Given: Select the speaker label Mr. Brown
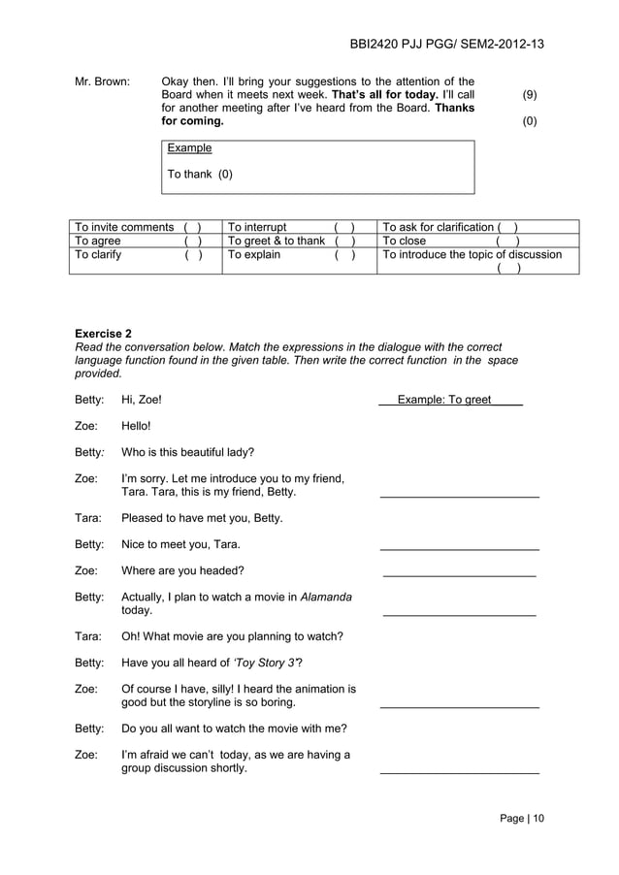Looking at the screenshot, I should click(x=102, y=81).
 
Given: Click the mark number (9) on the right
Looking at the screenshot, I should click(x=530, y=95).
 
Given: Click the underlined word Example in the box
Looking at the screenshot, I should click(x=189, y=148).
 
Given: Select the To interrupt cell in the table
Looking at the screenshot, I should click(x=297, y=227).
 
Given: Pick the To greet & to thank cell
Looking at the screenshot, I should click(x=297, y=241).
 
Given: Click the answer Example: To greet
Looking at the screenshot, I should click(x=450, y=399).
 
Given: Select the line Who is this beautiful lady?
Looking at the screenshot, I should click(x=188, y=451).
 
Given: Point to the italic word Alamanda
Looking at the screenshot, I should click(x=326, y=597).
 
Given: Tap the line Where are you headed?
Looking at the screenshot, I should click(x=182, y=570).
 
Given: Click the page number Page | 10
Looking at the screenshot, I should click(x=522, y=818).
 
